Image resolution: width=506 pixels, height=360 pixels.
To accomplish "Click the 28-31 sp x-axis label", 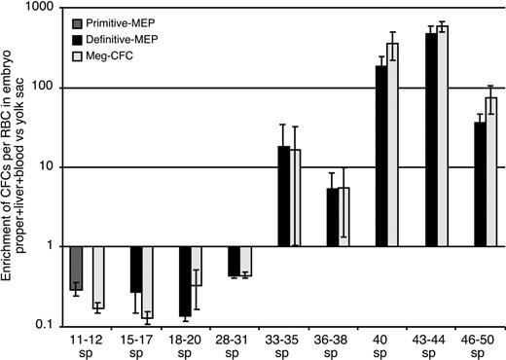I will point(239,343).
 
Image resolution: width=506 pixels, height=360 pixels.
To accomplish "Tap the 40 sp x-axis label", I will point(386,343).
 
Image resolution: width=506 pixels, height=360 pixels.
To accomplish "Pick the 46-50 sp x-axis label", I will point(485,343).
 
